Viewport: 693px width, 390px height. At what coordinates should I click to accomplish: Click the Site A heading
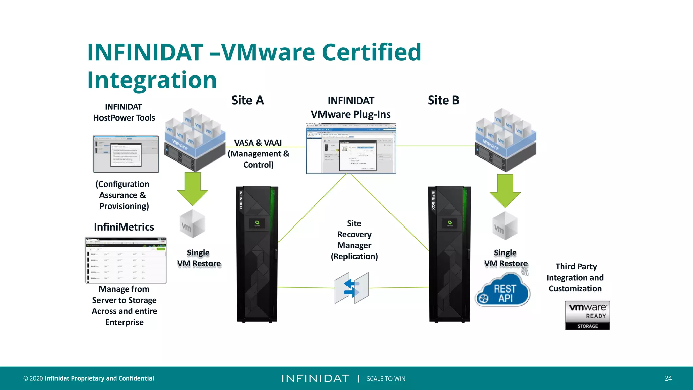pos(247,100)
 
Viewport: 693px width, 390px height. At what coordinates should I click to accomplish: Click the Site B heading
pos(443,100)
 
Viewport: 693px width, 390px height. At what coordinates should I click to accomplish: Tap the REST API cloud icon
pos(503,292)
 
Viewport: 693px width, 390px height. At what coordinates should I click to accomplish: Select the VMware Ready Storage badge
pos(587,315)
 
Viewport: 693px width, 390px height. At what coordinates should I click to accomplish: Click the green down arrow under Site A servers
pos(193,188)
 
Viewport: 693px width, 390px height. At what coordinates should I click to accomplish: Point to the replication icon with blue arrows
pos(352,288)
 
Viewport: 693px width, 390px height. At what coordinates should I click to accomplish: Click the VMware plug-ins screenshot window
pos(351,149)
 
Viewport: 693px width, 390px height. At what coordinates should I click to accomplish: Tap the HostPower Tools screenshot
pos(126,154)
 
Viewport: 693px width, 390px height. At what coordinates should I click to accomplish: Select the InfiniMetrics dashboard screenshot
pos(126,260)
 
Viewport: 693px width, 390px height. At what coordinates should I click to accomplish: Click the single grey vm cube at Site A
pos(192,224)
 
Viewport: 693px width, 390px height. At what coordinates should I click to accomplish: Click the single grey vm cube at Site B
pos(505,226)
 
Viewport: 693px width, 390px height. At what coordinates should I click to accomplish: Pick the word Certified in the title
pos(371,52)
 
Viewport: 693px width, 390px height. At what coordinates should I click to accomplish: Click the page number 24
pos(668,378)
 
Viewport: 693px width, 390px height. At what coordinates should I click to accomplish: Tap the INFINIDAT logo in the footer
pos(315,378)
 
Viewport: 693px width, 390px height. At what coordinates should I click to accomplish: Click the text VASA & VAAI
pos(258,143)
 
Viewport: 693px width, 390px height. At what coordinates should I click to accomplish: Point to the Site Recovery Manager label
pos(354,240)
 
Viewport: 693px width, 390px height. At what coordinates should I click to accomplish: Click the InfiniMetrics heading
pos(124,227)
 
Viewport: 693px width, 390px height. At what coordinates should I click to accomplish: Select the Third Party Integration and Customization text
pos(575,278)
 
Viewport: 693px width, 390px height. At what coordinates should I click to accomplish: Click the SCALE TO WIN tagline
pos(386,378)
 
